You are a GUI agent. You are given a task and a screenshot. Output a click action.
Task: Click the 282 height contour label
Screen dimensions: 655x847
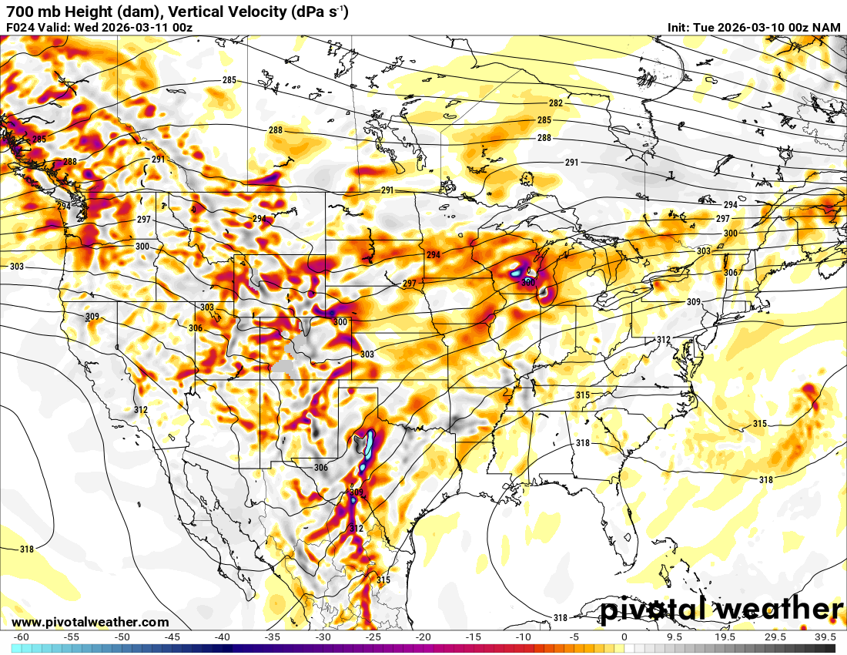pos(556,103)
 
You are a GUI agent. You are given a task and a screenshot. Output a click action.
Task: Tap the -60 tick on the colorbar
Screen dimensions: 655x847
pos(22,637)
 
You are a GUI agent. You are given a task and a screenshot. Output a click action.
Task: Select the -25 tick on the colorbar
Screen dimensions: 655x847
pos(373,637)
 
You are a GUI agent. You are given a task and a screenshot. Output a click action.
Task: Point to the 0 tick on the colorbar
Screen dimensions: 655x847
pos(624,637)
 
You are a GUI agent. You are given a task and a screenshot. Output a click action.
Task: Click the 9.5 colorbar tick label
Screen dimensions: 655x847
pos(675,637)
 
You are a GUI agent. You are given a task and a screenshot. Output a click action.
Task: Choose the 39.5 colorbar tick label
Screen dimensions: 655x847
pos(825,637)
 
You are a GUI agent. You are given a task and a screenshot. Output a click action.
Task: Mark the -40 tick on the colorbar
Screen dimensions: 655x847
pos(223,637)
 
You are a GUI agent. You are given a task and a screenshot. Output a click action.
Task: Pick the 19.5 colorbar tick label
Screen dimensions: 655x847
pos(725,637)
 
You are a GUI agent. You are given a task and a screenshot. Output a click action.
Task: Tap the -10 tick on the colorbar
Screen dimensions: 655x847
pos(524,637)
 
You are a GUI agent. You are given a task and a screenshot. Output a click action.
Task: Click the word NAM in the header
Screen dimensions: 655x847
pos(828,28)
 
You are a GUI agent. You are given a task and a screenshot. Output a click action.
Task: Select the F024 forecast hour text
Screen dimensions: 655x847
pos(22,28)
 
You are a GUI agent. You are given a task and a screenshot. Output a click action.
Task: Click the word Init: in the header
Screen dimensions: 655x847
pos(681,28)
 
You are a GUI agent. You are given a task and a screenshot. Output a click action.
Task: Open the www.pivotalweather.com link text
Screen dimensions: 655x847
pos(90,622)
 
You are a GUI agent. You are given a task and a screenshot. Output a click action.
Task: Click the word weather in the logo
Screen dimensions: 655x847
pos(778,610)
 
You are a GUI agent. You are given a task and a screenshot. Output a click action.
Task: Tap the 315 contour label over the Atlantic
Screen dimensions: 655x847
pos(760,424)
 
